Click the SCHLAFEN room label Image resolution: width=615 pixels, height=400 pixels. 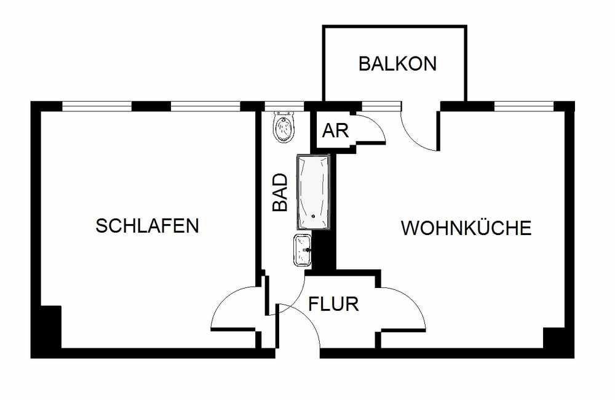[148, 226]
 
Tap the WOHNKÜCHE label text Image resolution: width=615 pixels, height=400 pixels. [466, 228]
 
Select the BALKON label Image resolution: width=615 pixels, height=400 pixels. [397, 63]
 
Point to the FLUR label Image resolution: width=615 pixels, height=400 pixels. [333, 304]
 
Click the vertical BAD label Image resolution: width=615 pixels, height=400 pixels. [280, 193]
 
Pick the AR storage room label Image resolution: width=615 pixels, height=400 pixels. [335, 130]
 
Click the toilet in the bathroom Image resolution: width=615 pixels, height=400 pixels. [284, 126]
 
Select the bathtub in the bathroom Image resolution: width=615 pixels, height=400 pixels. [314, 192]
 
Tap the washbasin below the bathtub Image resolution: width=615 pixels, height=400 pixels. [303, 250]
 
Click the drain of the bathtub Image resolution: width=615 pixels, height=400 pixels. [313, 216]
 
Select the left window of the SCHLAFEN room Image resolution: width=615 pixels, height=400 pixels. [97, 106]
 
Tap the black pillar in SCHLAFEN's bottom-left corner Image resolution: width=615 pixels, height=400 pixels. [51, 327]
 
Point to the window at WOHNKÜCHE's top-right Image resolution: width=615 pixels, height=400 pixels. [523, 106]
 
